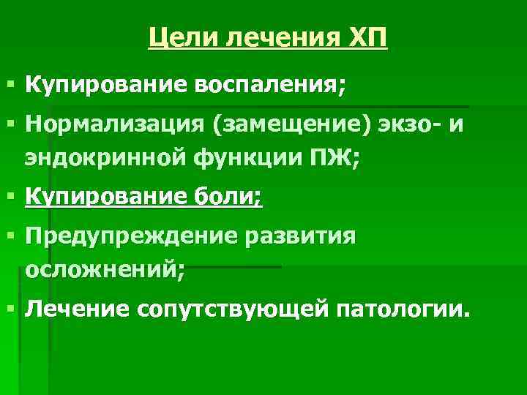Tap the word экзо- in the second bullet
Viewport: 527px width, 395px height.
401,127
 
